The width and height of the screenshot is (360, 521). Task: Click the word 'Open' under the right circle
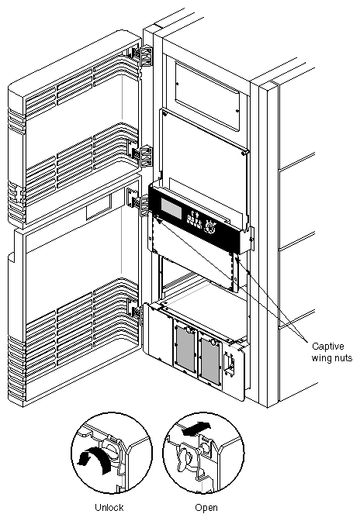tap(206, 508)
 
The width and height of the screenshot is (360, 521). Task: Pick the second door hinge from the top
tap(139, 152)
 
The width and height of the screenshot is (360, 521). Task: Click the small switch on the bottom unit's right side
tap(230, 364)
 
